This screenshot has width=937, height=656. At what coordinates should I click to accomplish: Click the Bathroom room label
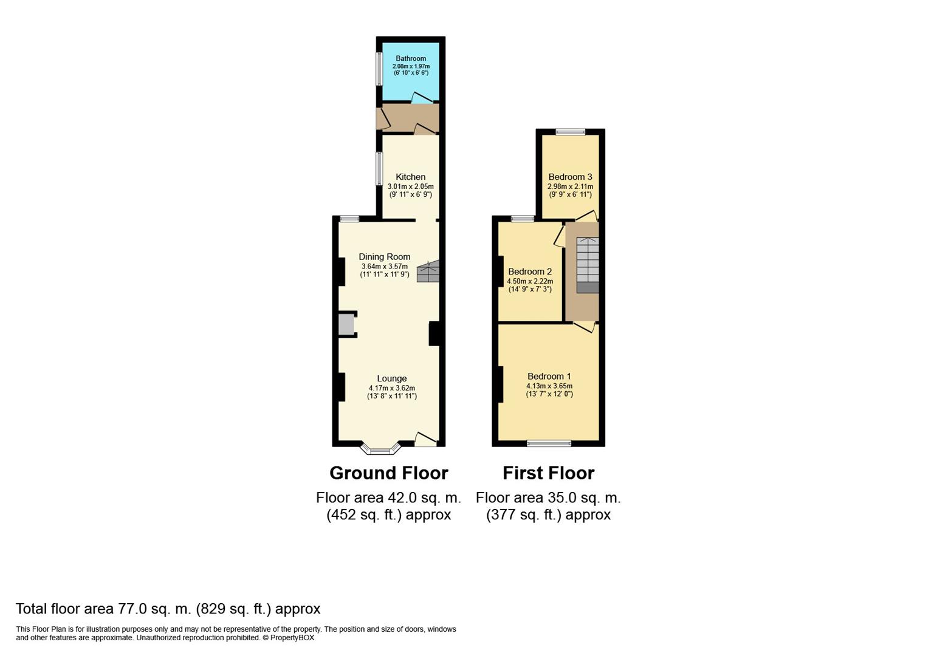[411, 58]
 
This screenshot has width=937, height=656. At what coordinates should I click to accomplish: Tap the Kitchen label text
[411, 177]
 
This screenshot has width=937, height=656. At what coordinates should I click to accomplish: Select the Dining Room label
[385, 257]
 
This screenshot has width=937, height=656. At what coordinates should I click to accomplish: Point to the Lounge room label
[392, 378]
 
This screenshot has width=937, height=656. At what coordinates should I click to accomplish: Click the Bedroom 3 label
[570, 177]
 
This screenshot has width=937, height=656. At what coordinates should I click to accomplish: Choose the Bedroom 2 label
[530, 272]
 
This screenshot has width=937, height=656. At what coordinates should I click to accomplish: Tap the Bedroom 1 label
[549, 376]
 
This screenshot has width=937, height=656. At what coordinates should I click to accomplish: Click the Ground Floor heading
[389, 473]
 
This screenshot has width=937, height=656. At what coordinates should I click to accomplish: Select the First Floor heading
[549, 473]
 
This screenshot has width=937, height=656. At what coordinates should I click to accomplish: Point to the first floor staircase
[588, 265]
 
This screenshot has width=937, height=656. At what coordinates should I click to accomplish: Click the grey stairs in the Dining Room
[428, 272]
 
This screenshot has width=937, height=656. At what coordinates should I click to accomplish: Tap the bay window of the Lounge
[380, 450]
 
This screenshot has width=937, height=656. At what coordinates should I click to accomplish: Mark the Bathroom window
[379, 69]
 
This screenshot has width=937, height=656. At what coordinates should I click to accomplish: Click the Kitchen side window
[379, 168]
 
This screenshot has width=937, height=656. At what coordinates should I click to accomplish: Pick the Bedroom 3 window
[571, 131]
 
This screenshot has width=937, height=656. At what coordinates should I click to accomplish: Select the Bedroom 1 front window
[549, 443]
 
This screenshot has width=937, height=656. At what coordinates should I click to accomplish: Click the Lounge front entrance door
[426, 440]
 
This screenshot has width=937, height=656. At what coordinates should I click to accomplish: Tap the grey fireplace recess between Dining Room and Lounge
[346, 324]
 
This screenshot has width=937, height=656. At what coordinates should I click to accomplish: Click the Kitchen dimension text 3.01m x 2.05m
[411, 186]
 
